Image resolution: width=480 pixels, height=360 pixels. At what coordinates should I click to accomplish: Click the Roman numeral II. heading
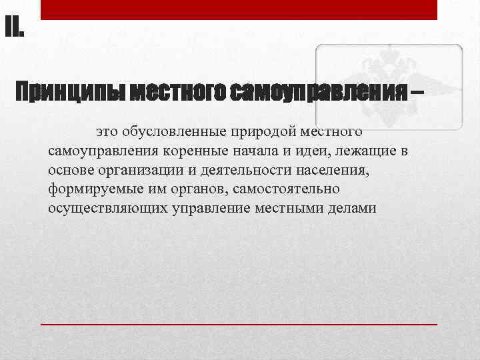pos(14,28)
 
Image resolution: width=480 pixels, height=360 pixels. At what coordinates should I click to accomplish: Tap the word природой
pos(265,132)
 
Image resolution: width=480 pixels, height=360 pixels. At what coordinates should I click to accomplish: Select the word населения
pos(328,170)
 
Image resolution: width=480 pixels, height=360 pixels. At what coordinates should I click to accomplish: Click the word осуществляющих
pos(95,208)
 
